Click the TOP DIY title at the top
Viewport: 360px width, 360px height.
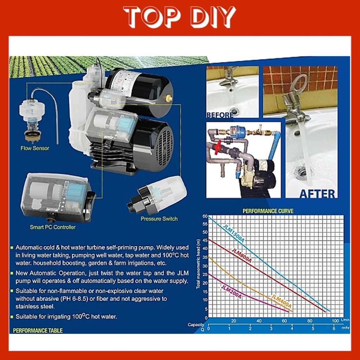pos(179,17)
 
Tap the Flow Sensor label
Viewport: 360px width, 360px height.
pos(35,148)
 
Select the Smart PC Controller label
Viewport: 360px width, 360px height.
pos(53,227)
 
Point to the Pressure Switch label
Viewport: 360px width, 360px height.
pos(159,219)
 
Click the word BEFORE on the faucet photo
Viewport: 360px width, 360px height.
pos(220,115)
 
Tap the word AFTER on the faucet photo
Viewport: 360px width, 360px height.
pos(317,194)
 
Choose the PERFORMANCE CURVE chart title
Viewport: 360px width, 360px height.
pos(268,211)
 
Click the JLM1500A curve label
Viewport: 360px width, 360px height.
pos(234,233)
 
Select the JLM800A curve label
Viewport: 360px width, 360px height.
pos(241,255)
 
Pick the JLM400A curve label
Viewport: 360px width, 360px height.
pos(282,301)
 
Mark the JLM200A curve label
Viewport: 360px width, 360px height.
pos(231,292)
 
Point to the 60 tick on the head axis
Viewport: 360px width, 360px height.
pos(205,216)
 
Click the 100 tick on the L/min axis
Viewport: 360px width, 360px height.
pos(335,321)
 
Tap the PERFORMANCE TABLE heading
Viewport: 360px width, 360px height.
pos(38,330)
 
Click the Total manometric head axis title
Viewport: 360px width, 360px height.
pos(198,264)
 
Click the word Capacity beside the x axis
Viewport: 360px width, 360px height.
pos(196,324)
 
